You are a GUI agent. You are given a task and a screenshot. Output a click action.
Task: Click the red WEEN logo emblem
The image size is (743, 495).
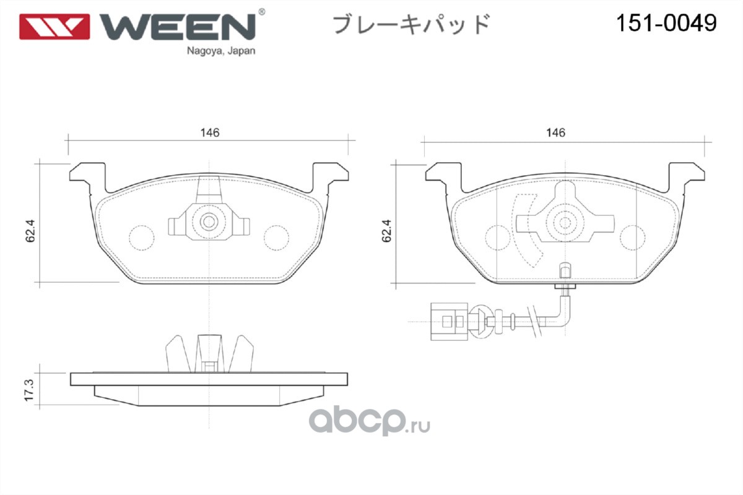pyautogui.click(x=54, y=27)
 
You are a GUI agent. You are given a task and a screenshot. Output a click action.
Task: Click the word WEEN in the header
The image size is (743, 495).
pyautogui.click(x=178, y=27)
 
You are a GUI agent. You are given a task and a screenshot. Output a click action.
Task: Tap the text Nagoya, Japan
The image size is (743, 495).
pyautogui.click(x=221, y=51)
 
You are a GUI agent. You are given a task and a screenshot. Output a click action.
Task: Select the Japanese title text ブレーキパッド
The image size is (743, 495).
pyautogui.click(x=411, y=24)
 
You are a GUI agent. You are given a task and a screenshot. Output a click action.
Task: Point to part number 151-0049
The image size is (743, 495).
pyautogui.click(x=666, y=24)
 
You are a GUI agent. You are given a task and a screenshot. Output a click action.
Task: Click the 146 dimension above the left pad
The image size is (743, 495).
pyautogui.click(x=210, y=132)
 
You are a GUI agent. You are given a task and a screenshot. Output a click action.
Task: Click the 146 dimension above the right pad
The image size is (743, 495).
pyautogui.click(x=555, y=132)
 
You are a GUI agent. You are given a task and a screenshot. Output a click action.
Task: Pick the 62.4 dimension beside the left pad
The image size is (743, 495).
pyautogui.click(x=30, y=231)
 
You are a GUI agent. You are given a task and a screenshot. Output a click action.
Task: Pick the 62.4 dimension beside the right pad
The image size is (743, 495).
pyautogui.click(x=386, y=231)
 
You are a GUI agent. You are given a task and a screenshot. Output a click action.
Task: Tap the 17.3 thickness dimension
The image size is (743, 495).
pyautogui.click(x=29, y=390)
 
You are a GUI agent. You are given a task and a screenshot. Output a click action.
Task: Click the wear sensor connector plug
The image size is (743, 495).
pyautogui.click(x=449, y=322)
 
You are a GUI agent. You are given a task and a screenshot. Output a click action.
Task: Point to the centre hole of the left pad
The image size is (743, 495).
pyautogui.click(x=209, y=222)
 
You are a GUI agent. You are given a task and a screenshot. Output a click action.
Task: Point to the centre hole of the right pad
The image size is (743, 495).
pyautogui.click(x=565, y=223)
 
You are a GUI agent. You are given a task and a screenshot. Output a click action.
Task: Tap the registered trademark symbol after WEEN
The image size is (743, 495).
pyautogui.click(x=261, y=12)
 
